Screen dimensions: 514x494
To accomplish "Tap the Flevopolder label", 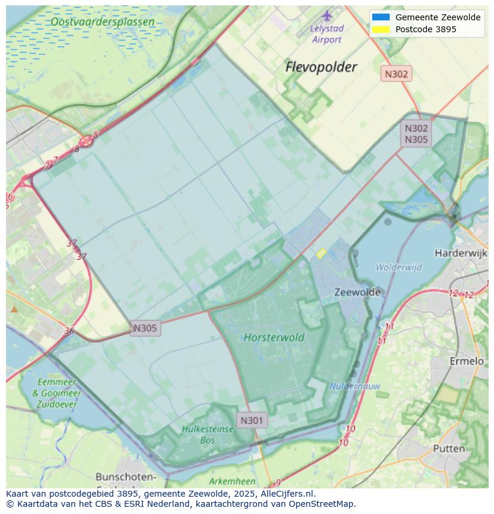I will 321,67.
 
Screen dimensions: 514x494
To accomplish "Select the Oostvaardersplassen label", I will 102,22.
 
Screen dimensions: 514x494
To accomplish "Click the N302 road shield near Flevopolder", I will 396,74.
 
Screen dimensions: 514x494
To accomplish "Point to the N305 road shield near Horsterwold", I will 145,328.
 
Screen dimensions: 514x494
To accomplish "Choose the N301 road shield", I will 251,420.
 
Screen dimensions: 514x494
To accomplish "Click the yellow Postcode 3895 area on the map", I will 320,254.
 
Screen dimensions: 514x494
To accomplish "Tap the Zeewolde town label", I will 357,293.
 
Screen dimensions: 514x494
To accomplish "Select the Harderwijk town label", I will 461,253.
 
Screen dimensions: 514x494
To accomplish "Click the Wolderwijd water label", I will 399,267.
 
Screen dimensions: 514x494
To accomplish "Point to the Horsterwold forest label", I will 274,337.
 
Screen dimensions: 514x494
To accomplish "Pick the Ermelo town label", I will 466,361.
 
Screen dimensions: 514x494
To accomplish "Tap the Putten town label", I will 449,448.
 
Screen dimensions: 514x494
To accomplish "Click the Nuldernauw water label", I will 354,386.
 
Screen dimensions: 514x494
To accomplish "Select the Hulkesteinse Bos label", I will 199,435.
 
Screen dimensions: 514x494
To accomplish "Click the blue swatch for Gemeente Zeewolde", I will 380,17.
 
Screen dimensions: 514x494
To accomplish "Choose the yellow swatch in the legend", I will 380,29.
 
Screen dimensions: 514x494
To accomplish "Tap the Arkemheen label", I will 232,481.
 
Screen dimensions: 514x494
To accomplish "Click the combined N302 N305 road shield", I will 416,134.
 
